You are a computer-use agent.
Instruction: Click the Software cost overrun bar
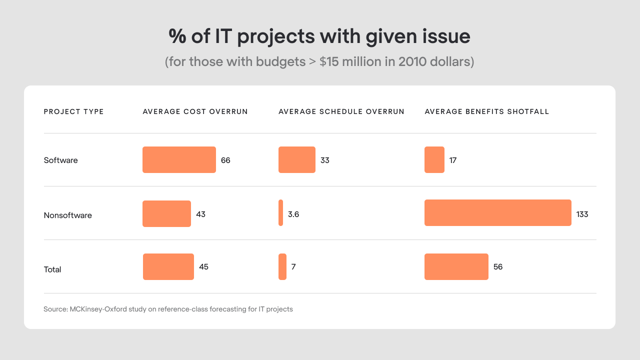[179, 160]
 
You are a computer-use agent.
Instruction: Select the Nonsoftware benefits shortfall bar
[497, 213]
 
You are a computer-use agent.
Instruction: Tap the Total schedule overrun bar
[282, 266]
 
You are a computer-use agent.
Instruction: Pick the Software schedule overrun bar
[296, 160]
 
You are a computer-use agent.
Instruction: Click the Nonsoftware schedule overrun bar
[281, 213]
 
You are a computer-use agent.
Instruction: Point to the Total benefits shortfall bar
[456, 266]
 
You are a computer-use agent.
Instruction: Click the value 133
[582, 214]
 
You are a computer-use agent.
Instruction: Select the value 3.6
[293, 214]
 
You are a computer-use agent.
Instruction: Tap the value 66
[225, 160]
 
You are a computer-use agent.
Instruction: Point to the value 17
[453, 160]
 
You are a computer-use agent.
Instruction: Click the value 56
[498, 267]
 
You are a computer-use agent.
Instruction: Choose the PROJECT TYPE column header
[73, 111]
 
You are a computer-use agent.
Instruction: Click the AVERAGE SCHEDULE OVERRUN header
[341, 111]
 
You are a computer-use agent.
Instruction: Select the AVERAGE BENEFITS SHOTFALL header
[487, 111]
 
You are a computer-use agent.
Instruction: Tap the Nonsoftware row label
[68, 215]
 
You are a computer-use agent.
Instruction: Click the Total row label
[52, 269]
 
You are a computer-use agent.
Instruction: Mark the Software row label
[61, 160]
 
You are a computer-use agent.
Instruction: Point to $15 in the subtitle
[329, 62]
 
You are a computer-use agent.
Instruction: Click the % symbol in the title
[177, 37]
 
